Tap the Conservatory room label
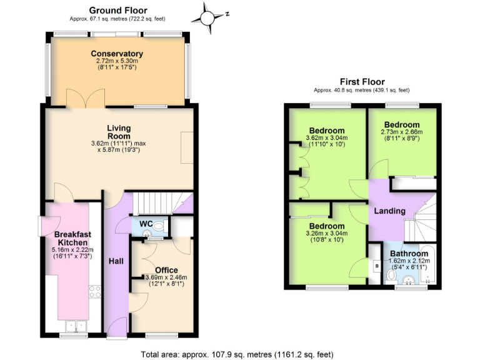[117, 54]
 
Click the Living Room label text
[119, 132]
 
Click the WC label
[146, 224]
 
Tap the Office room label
[166, 270]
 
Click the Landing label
[389, 211]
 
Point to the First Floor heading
[362, 81]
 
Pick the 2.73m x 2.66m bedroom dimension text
[402, 132]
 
